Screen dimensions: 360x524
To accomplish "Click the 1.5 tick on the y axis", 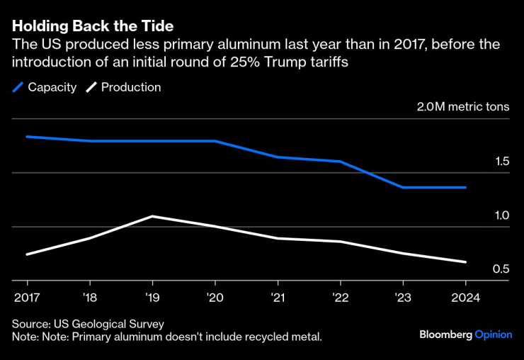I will [502, 162].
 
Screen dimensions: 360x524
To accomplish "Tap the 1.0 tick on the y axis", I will [502, 215].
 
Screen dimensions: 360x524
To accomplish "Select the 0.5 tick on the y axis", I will [502, 269].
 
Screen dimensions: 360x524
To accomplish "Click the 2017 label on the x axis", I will [26, 297].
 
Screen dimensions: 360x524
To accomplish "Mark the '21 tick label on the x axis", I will [278, 297].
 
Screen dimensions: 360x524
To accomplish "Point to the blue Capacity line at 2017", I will [27, 136].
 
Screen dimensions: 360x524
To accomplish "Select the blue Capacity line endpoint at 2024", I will [465, 187].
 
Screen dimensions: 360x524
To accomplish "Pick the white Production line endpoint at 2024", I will [465, 262].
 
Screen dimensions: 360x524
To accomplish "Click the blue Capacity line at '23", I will [403, 187].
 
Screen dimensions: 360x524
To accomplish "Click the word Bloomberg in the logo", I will [445, 334].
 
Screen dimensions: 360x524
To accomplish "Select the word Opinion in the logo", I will [493, 334].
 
